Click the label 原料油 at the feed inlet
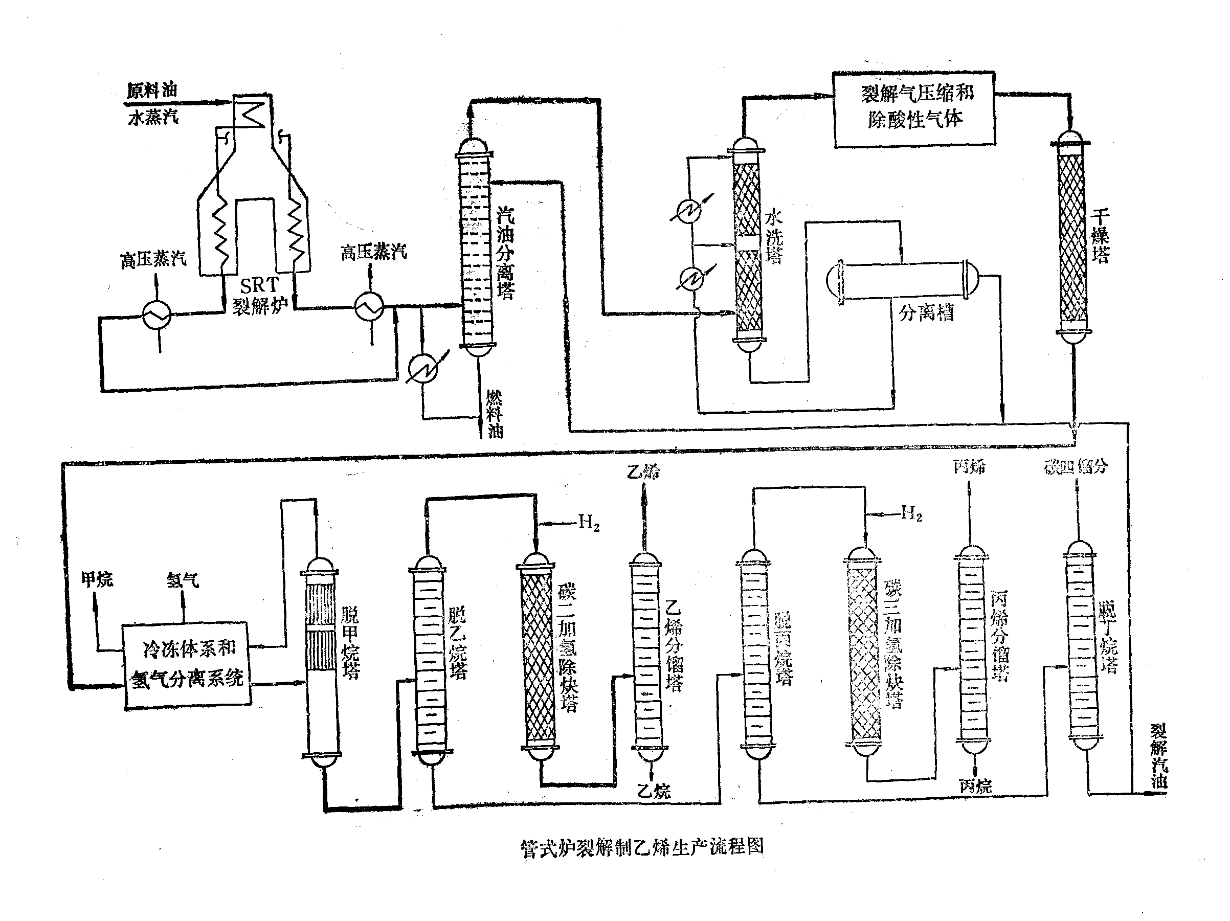click(x=151, y=90)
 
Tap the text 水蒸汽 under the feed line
click(x=153, y=117)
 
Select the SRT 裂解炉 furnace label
click(x=260, y=295)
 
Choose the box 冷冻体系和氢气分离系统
click(x=187, y=664)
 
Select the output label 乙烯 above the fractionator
click(x=643, y=472)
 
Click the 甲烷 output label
click(x=97, y=579)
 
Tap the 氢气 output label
click(x=183, y=579)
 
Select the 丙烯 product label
click(x=969, y=466)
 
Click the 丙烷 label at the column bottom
click(x=975, y=785)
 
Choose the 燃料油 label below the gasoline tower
click(x=494, y=414)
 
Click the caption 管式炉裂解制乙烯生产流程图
click(x=642, y=847)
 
